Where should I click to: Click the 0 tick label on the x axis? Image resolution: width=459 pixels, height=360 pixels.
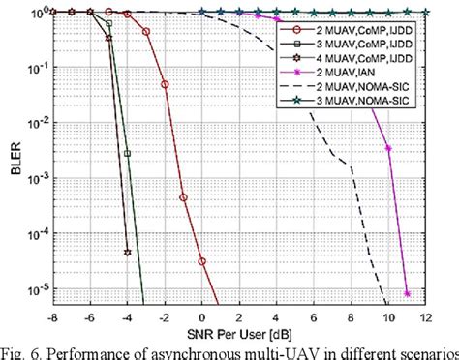pyautogui.click(x=201, y=313)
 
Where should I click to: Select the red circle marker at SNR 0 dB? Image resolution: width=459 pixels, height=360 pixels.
pyautogui.click(x=201, y=261)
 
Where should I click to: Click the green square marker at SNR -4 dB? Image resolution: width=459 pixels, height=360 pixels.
pyautogui.click(x=127, y=152)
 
